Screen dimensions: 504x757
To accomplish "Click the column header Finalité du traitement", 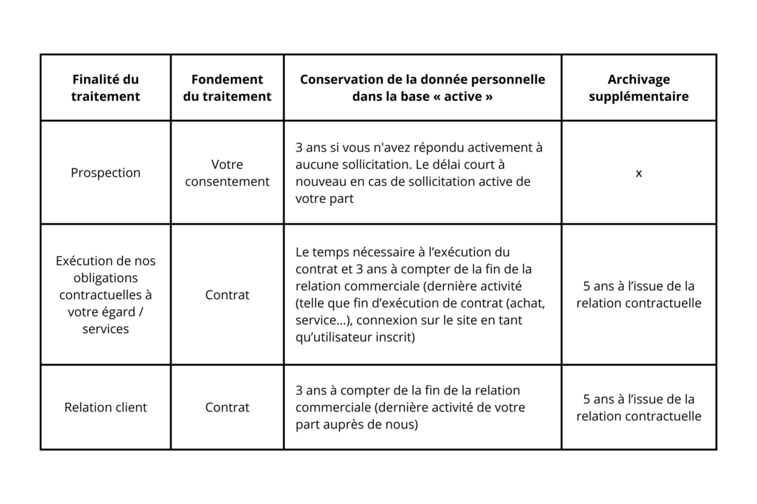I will [x=105, y=88].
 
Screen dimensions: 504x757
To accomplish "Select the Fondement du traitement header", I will [x=227, y=88].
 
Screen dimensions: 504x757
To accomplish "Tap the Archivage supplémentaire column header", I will [x=638, y=88].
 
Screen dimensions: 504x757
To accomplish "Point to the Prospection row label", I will [x=105, y=173].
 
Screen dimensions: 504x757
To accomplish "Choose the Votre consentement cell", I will [x=227, y=173].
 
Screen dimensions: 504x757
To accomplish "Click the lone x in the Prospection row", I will [x=638, y=173].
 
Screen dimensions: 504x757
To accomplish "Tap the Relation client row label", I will [x=105, y=408].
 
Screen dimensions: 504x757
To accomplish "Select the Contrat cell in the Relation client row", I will [x=227, y=408].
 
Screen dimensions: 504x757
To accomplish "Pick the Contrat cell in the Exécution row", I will [x=227, y=295].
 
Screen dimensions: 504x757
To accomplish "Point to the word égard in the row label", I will [x=116, y=312].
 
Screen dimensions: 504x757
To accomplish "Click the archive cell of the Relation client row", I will [x=638, y=408].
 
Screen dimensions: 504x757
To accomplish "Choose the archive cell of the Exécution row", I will [x=638, y=295].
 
